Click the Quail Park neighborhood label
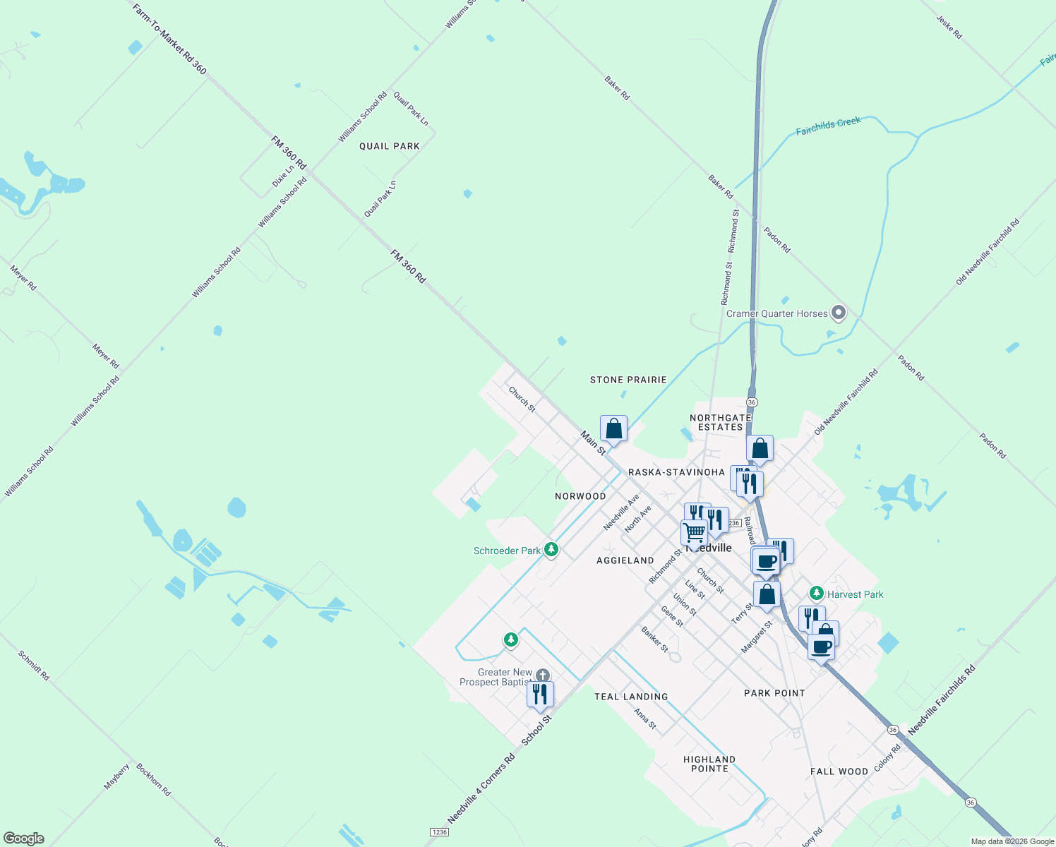point(389,146)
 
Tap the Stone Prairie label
point(628,380)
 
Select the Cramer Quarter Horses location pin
point(839,312)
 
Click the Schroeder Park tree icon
point(551,549)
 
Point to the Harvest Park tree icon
point(816,594)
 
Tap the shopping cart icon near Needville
point(694,532)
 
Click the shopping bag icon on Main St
point(613,428)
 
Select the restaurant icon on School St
point(540,694)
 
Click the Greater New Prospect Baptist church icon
point(542,675)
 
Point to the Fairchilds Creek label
point(828,126)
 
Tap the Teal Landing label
point(631,697)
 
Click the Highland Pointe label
point(709,764)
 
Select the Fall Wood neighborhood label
point(839,771)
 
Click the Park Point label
point(774,693)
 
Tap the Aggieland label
point(625,560)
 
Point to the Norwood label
point(580,496)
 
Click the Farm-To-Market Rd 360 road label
point(170,38)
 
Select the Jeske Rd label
point(949,27)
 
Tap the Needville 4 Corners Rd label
point(481,788)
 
